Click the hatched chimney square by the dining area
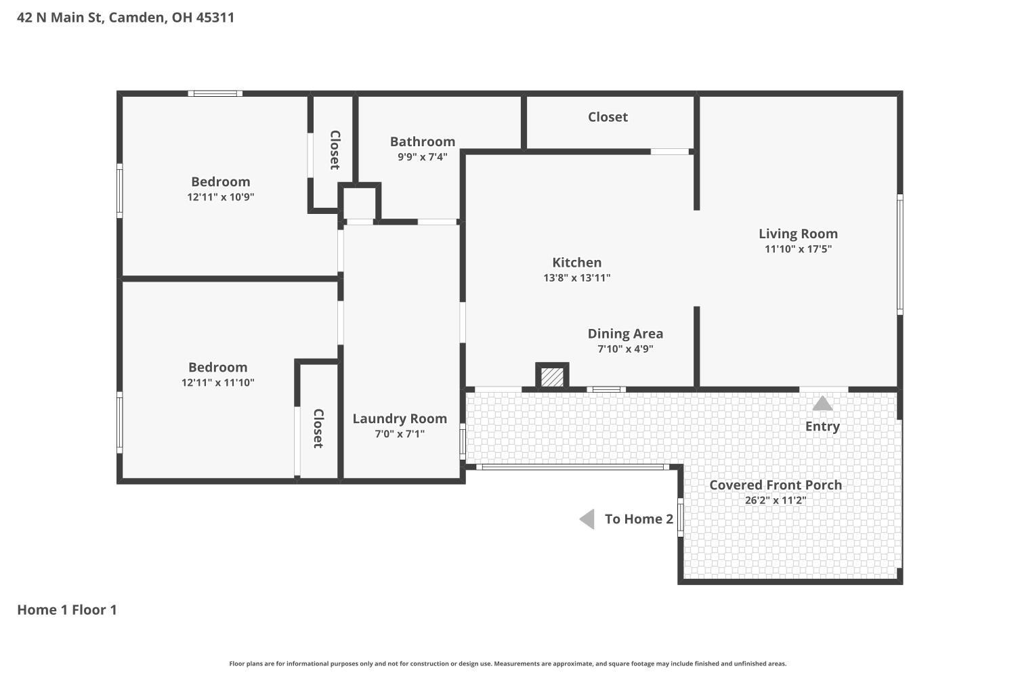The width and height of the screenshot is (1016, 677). click(552, 376)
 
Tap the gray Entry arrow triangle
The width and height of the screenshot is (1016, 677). click(822, 403)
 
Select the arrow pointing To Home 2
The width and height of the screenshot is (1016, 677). click(587, 519)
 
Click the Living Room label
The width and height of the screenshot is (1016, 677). click(799, 234)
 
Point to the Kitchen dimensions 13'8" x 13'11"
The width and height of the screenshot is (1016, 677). click(577, 278)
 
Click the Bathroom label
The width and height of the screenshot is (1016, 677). click(423, 141)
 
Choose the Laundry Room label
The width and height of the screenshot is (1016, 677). click(400, 418)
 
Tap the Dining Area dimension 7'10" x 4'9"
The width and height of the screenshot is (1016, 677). click(625, 349)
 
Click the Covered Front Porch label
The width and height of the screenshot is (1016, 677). click(776, 485)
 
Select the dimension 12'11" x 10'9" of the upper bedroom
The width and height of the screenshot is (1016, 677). click(220, 197)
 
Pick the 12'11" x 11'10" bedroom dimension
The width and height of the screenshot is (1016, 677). click(217, 383)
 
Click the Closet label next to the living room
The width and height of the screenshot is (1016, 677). click(608, 117)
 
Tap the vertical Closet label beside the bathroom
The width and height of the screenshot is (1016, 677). click(335, 150)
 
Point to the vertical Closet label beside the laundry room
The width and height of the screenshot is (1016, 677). click(318, 429)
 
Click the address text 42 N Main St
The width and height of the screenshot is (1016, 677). click(59, 17)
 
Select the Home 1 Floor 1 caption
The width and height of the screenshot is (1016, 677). click(67, 609)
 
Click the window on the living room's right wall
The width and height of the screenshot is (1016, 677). click(900, 255)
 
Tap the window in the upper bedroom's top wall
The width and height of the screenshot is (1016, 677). click(215, 93)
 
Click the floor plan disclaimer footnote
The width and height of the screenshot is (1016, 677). click(507, 663)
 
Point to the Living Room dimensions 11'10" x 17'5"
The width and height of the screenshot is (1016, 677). click(799, 249)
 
